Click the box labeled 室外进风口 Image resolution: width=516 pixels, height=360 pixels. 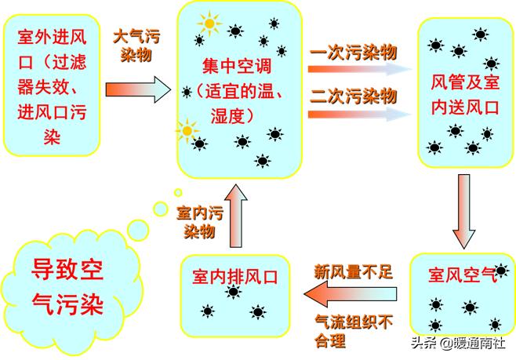[x=50, y=86]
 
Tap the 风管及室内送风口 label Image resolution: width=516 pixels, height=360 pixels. [x=465, y=94]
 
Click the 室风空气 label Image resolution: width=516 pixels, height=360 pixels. [x=463, y=275]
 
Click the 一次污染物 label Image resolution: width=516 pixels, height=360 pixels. [x=354, y=53]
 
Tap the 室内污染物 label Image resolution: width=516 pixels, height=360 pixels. [x=196, y=222]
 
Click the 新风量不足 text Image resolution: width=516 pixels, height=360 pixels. [x=353, y=272]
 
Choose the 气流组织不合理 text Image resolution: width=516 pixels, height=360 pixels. [x=352, y=330]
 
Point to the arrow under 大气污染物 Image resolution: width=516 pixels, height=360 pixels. [x=138, y=88]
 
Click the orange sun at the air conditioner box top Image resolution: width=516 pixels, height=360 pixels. [x=209, y=24]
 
